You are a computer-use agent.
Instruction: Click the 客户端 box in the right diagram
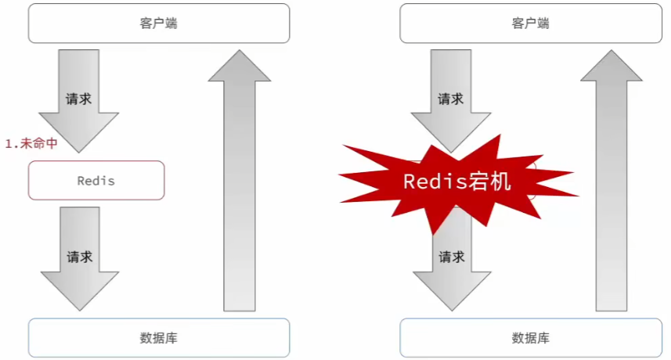pyautogui.click(x=530, y=23)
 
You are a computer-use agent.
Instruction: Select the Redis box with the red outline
pyautogui.click(x=96, y=180)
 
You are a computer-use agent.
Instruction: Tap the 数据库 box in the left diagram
pyautogui.click(x=159, y=337)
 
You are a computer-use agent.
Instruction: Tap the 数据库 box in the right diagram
pyautogui.click(x=530, y=337)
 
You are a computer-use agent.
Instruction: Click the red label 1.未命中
pyautogui.click(x=31, y=143)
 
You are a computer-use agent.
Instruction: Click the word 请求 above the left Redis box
pyautogui.click(x=79, y=99)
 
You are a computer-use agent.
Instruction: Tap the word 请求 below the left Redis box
pyautogui.click(x=79, y=257)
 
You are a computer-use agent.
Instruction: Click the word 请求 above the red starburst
pyautogui.click(x=450, y=99)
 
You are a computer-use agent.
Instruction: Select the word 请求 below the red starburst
pyautogui.click(x=450, y=257)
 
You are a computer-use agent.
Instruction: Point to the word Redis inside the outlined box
pyautogui.click(x=96, y=180)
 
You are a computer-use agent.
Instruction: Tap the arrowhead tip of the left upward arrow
pyautogui.click(x=240, y=52)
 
